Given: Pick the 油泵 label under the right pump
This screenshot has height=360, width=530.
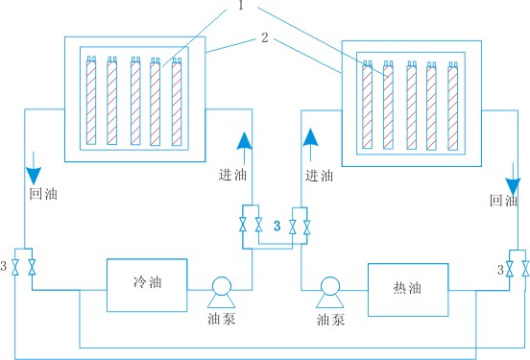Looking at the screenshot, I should pyautogui.click(x=330, y=318).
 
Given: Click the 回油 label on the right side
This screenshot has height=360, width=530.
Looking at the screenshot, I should pyautogui.click(x=504, y=201).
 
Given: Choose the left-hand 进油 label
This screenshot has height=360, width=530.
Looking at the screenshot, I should pyautogui.click(x=233, y=175).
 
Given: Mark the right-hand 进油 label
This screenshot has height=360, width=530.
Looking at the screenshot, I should pyautogui.click(x=319, y=175).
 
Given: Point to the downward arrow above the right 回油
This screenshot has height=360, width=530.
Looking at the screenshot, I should pyautogui.click(x=515, y=179).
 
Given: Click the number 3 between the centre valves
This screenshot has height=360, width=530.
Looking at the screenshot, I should pyautogui.click(x=276, y=227).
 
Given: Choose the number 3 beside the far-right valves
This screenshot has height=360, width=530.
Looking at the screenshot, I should pyautogui.click(x=499, y=270).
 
